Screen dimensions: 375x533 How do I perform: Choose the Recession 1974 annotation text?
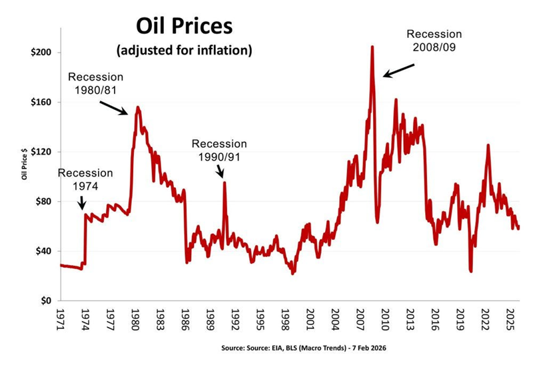(x=85, y=179)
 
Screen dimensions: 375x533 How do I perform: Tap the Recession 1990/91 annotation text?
(x=219, y=150)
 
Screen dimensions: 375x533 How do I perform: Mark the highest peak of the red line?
(x=372, y=47)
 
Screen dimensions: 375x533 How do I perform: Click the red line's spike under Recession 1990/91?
(x=225, y=183)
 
